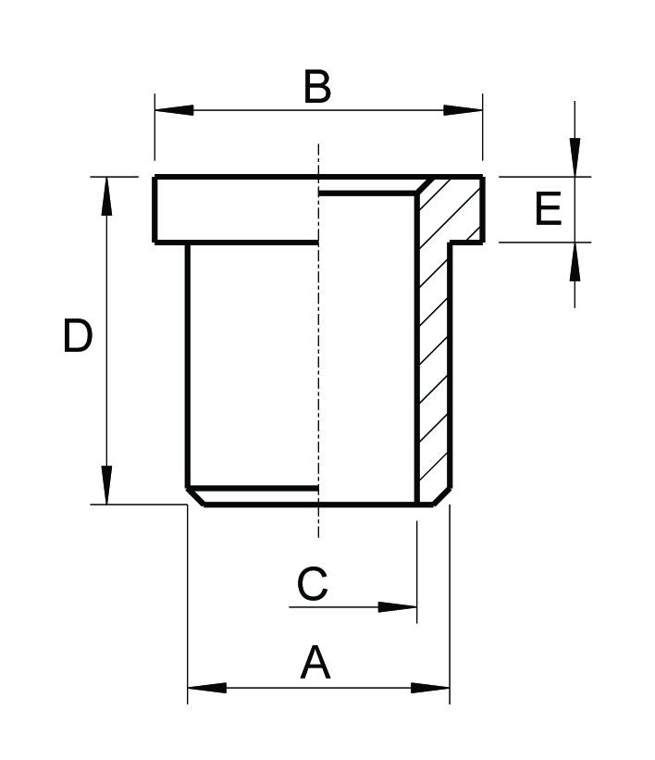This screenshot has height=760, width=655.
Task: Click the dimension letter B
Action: (x=316, y=88)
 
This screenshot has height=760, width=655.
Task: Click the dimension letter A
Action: (x=315, y=664)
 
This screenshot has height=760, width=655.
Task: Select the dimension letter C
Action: (x=312, y=584)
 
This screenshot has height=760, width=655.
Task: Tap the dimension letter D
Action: (x=78, y=336)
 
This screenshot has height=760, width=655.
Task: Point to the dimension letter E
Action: (x=548, y=209)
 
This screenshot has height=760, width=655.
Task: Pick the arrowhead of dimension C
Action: (x=399, y=607)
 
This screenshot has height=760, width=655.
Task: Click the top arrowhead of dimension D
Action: (x=107, y=195)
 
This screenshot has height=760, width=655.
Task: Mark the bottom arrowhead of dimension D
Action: (x=107, y=485)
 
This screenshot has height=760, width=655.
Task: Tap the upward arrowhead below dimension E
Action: (x=575, y=263)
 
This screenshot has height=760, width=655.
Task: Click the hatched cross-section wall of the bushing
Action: (x=433, y=370)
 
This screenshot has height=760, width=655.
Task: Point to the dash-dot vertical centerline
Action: (x=318, y=370)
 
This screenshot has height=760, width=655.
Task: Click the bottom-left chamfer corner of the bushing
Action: (x=195, y=496)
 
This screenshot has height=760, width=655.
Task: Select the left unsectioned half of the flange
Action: (x=236, y=210)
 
